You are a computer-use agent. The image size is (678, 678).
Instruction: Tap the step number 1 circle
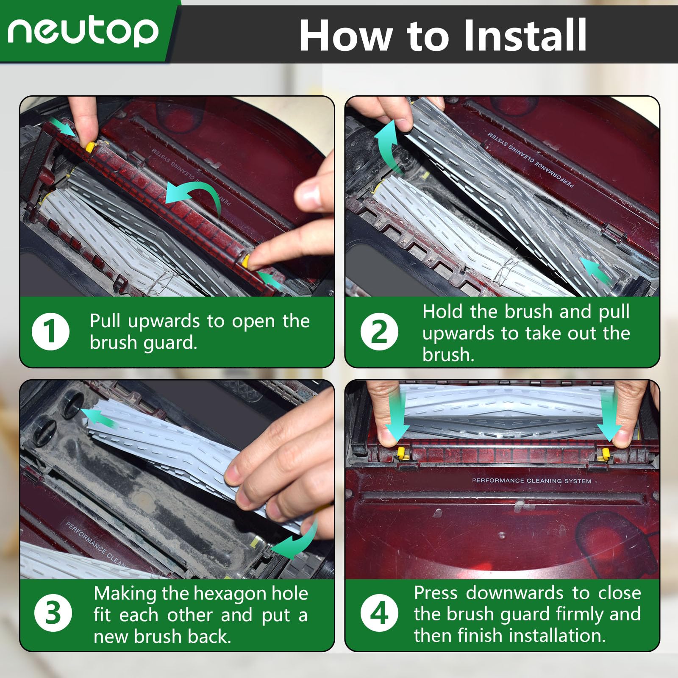[50, 331]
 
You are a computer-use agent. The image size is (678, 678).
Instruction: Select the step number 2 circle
[379, 332]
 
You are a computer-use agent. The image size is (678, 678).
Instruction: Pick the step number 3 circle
[53, 613]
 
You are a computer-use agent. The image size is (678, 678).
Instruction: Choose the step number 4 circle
[379, 613]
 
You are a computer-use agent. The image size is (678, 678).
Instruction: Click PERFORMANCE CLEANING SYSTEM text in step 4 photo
[531, 481]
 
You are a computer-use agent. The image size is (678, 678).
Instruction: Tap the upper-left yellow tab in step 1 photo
[90, 147]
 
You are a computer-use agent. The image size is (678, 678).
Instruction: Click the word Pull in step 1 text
[106, 321]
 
